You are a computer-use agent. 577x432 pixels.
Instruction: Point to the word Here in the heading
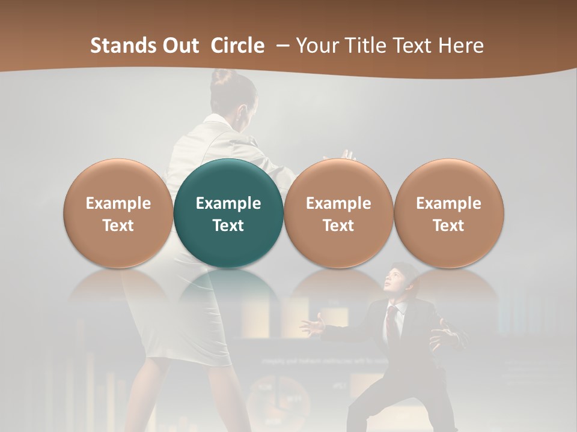coord(460,46)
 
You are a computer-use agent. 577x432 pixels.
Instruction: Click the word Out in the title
coord(179,46)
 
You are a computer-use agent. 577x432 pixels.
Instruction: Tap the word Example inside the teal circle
coord(228,203)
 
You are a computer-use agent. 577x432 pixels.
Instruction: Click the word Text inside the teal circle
coord(228,226)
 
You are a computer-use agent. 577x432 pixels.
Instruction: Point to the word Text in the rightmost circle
coord(448,226)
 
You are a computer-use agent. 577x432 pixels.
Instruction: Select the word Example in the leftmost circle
coord(118,203)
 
